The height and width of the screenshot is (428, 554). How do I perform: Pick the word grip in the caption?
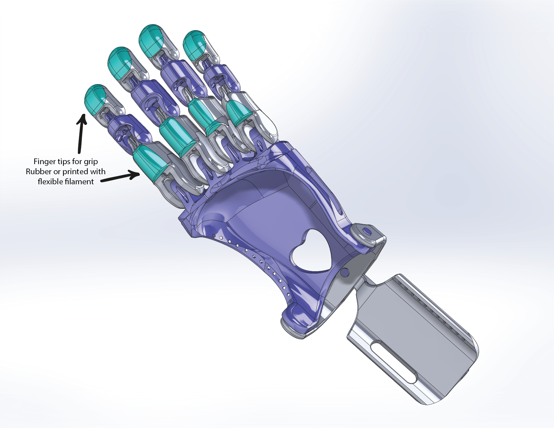[91, 162]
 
